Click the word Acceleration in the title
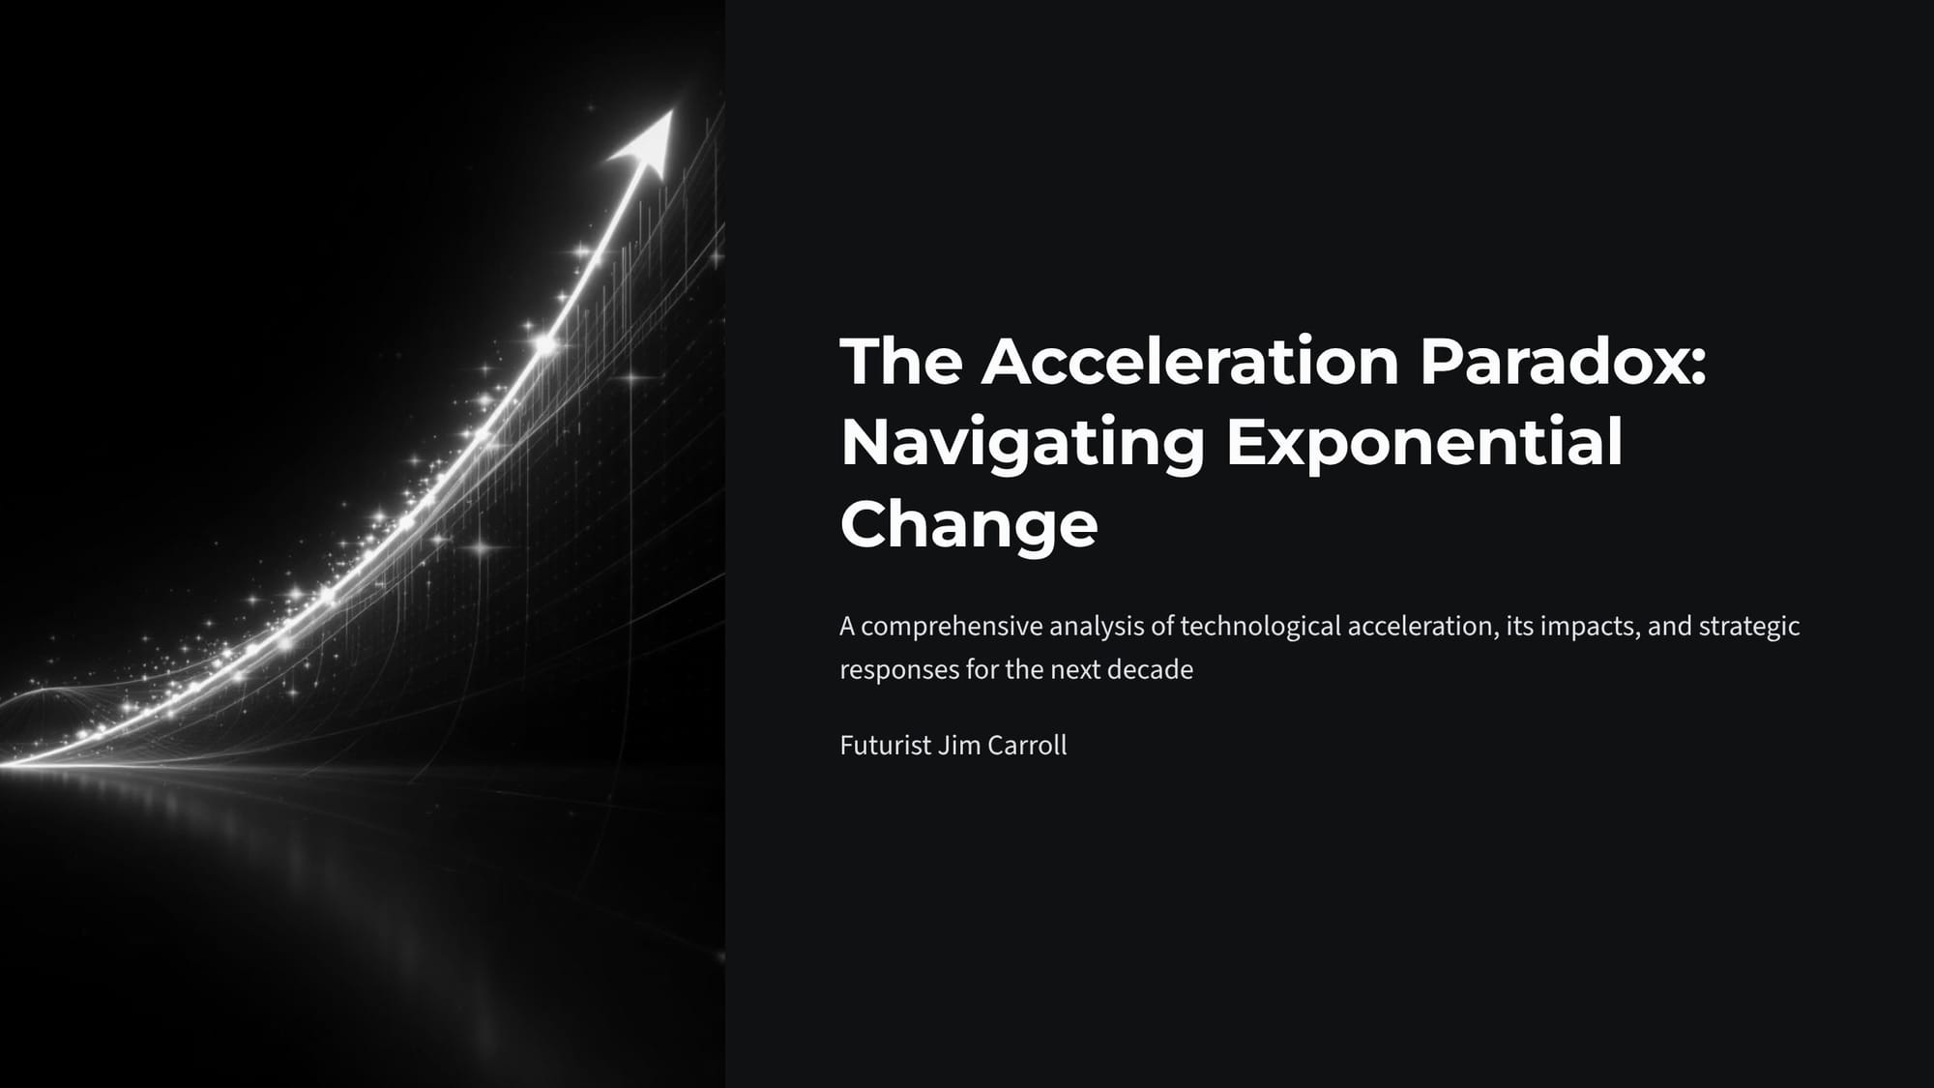point(1190,361)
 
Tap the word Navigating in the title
point(1022,444)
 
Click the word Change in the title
point(969,525)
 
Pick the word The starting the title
point(901,361)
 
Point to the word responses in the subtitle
point(899,670)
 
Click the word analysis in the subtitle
point(1097,627)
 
